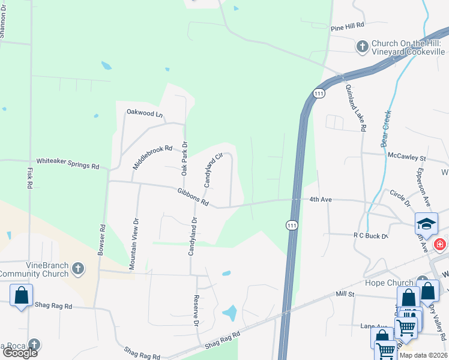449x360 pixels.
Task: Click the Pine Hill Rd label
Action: click(348, 26)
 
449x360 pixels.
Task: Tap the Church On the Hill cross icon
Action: click(363, 46)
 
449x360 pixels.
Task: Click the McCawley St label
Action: click(406, 158)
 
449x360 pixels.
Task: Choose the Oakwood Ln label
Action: click(144, 112)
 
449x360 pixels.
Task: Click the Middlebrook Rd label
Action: click(152, 157)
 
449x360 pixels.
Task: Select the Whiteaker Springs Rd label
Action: click(67, 163)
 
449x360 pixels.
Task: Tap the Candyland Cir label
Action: click(213, 170)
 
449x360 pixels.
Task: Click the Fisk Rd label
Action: click(29, 178)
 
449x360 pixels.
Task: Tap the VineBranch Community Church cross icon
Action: click(77, 269)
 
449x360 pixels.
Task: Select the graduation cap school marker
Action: click(426, 224)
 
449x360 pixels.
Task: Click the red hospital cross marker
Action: click(440, 245)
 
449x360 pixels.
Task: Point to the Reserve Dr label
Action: click(196, 311)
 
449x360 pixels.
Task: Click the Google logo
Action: click(20, 353)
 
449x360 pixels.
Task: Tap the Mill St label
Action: click(346, 295)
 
